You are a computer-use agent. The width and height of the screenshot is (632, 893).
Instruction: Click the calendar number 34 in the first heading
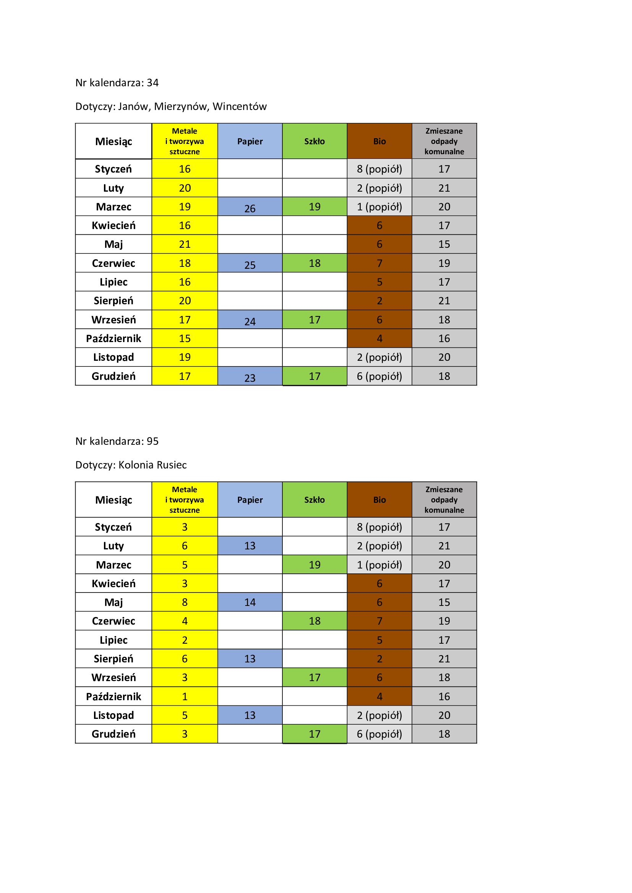[x=152, y=83]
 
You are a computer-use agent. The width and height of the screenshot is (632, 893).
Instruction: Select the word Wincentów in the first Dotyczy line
[x=239, y=107]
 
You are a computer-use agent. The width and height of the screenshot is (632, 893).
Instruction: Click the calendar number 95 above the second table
[x=152, y=441]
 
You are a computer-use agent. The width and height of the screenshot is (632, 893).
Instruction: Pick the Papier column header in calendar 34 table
[x=250, y=141]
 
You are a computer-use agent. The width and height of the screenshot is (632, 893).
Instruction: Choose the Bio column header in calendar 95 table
[x=379, y=500]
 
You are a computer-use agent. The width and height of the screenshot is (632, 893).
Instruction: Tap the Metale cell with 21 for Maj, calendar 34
[x=185, y=244]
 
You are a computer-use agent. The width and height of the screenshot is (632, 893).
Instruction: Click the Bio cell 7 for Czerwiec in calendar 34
[x=379, y=263]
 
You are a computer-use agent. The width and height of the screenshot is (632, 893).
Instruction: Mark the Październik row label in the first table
[x=113, y=338]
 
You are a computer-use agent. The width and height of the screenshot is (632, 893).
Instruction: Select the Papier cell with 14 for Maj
[x=250, y=602]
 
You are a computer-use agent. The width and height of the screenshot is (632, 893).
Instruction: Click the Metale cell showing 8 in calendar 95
[x=185, y=602]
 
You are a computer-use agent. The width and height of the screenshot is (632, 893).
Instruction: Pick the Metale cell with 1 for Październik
[x=185, y=696]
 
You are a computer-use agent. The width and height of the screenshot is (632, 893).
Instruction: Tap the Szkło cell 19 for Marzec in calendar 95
[x=314, y=565]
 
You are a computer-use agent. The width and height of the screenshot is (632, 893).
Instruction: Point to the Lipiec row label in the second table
[x=113, y=640]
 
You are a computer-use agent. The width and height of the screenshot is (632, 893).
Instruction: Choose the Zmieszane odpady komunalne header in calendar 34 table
[x=444, y=141]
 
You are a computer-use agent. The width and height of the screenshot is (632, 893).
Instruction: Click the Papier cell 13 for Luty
[x=250, y=546]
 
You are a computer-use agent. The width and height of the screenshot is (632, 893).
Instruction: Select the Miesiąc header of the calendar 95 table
[x=113, y=500]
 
